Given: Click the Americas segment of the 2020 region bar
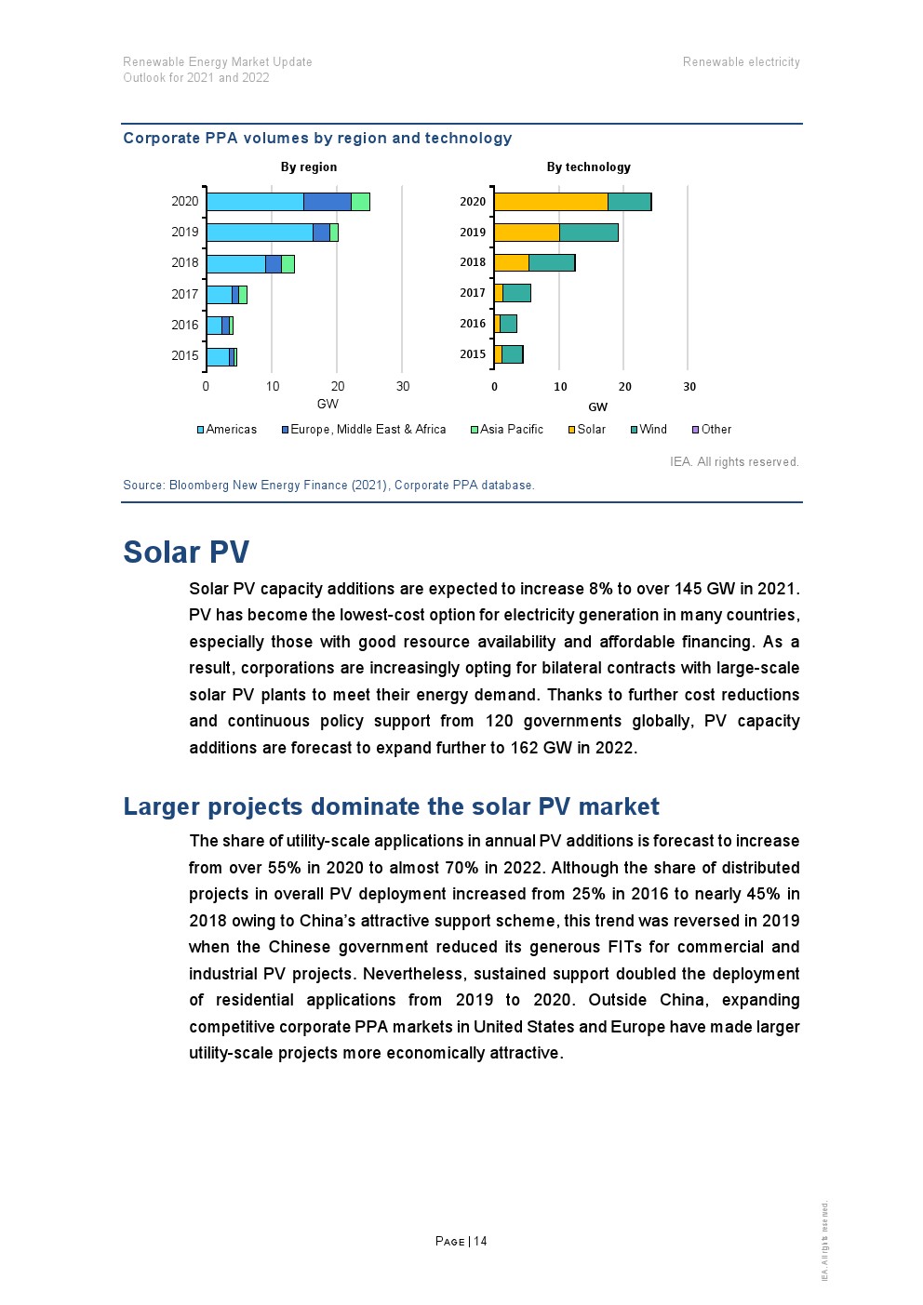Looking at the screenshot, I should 255,201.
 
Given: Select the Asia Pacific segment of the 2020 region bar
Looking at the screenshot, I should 360,201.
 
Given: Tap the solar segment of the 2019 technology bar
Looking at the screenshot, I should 527,233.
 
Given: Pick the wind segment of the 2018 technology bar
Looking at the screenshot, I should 552,262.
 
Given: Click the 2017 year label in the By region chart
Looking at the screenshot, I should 185,294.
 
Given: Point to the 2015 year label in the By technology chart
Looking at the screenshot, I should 473,354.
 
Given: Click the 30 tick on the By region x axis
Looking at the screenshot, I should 403,386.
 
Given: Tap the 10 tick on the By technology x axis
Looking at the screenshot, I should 560,387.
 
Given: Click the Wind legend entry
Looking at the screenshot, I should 652,430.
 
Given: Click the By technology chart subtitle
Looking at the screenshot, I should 588,167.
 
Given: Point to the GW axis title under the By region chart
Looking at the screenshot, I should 328,404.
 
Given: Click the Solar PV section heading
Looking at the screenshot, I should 186,552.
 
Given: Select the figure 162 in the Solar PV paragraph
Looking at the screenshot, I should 525,748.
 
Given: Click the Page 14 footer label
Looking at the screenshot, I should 461,1241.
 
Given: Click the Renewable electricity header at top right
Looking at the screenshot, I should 741,62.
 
